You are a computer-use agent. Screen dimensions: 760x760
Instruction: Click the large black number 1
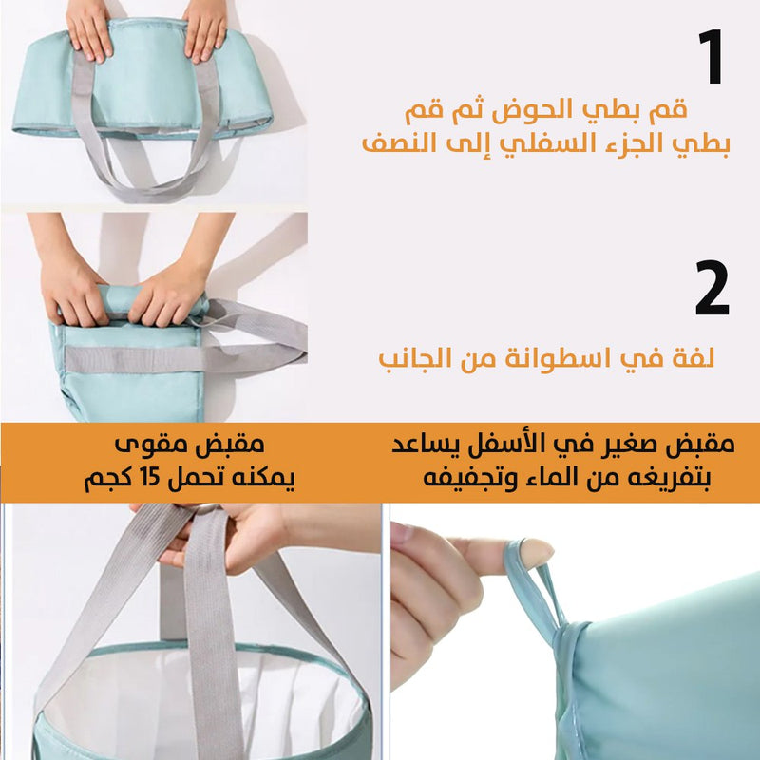712,57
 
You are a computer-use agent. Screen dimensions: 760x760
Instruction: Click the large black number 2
712,288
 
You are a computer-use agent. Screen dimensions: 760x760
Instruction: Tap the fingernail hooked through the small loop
537,553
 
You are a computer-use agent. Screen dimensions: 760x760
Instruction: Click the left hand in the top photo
88,29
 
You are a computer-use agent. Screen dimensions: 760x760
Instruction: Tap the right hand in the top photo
204,29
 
